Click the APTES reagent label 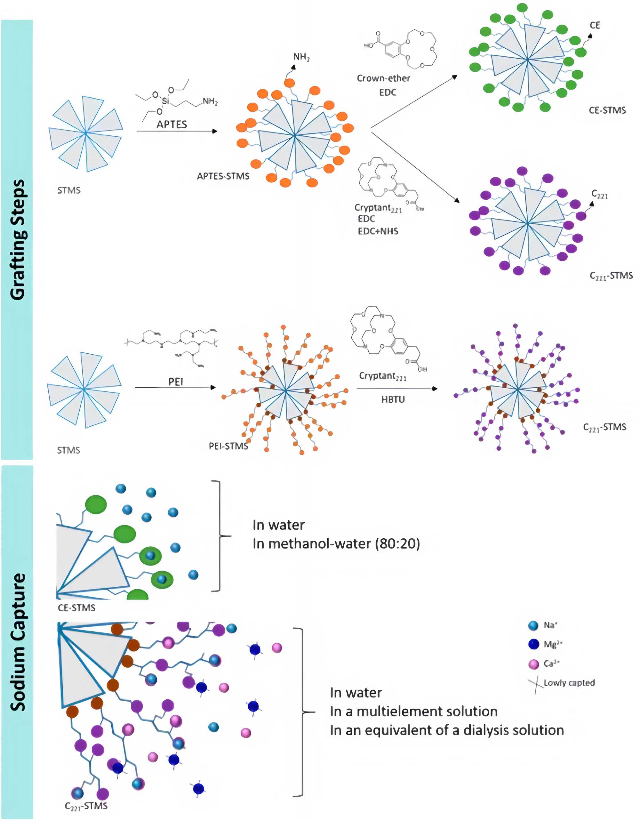(172, 124)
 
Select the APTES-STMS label (223, 176)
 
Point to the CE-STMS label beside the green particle (607, 110)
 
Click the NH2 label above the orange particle (301, 57)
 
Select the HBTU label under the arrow (393, 399)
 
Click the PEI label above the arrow (176, 382)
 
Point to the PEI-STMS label (228, 446)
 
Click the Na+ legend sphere (533, 625)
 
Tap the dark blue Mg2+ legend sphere (533, 644)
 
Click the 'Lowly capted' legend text (569, 683)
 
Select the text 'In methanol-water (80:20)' (336, 544)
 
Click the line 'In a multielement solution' (413, 711)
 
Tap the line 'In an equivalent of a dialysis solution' (447, 730)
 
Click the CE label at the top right (595, 26)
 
